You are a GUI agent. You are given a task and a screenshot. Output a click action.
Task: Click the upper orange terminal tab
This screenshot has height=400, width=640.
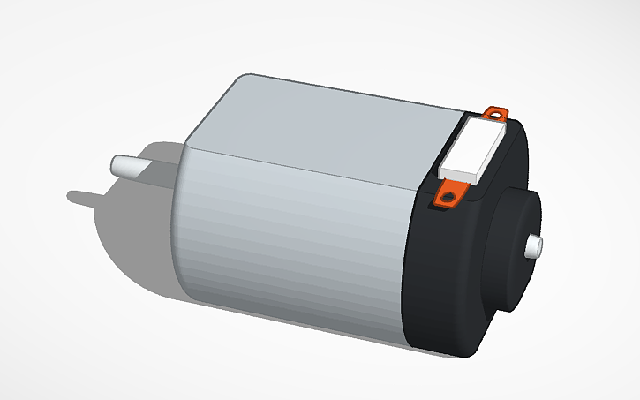coord(498,112)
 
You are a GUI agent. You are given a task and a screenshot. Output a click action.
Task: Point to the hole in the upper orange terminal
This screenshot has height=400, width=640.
coord(494,113)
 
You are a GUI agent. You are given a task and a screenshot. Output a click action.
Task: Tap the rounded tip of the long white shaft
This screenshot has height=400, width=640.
coord(114,164)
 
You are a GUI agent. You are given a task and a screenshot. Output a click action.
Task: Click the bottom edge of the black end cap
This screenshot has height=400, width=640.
coord(441,354)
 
